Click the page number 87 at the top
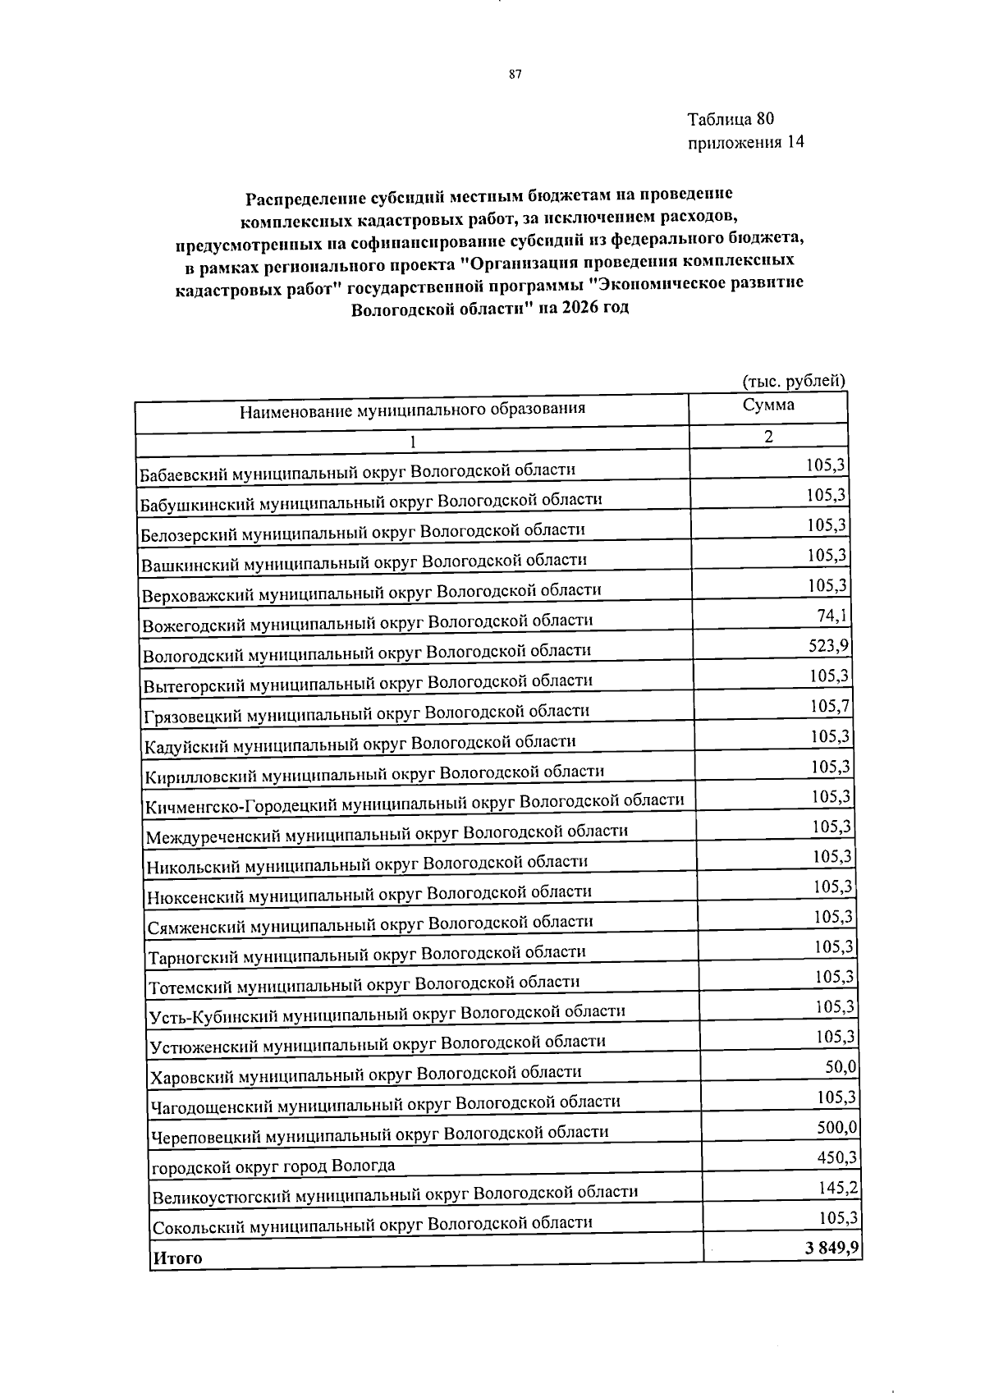tap(515, 74)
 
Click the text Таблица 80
tap(731, 119)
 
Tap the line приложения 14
tap(745, 142)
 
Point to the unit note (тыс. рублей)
tap(793, 381)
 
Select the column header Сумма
tap(768, 405)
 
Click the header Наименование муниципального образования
tap(412, 409)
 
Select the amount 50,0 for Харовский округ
tap(841, 1066)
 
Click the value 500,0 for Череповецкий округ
tap(837, 1127)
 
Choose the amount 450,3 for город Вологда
tap(837, 1157)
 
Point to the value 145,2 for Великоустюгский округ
tap(838, 1188)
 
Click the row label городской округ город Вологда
tap(273, 1166)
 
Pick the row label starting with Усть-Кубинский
tap(387, 1013)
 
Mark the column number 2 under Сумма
tap(768, 437)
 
